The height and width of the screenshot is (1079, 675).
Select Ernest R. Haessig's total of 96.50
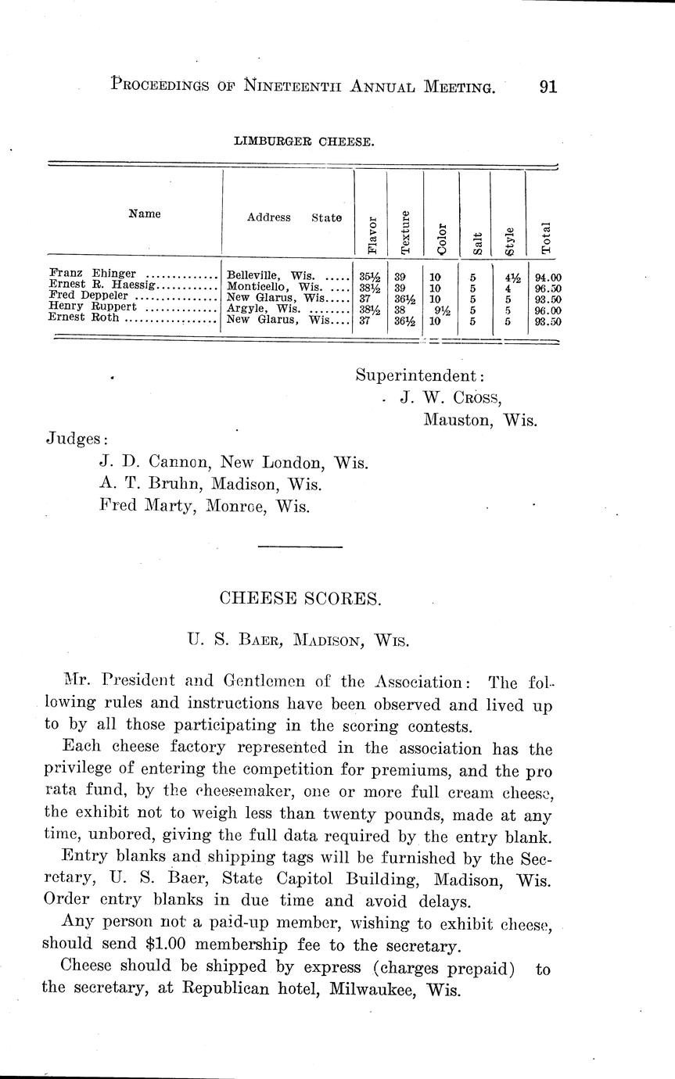(x=548, y=288)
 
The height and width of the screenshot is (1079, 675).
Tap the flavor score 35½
(x=369, y=276)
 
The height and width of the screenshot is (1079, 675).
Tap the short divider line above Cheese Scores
(x=300, y=546)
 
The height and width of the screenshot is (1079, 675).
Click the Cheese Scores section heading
(x=300, y=599)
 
